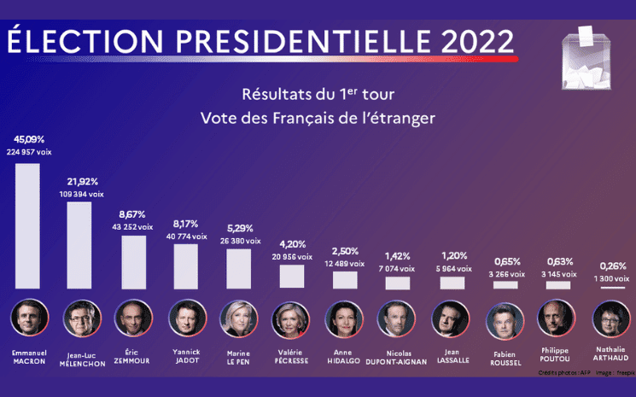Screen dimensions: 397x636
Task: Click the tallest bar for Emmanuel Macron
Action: click(x=27, y=225)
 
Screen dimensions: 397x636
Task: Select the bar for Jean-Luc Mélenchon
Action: click(x=79, y=245)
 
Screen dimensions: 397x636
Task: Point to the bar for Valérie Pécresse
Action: click(x=292, y=276)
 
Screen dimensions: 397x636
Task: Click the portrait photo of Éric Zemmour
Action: click(x=134, y=318)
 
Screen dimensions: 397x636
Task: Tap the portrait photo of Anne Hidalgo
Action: click(x=346, y=318)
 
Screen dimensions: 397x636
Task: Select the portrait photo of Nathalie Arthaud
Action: click(x=611, y=318)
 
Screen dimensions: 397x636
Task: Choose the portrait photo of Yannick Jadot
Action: click(x=187, y=318)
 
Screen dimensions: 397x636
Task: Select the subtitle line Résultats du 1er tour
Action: click(x=317, y=92)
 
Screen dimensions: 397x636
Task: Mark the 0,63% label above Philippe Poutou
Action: click(x=557, y=261)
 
